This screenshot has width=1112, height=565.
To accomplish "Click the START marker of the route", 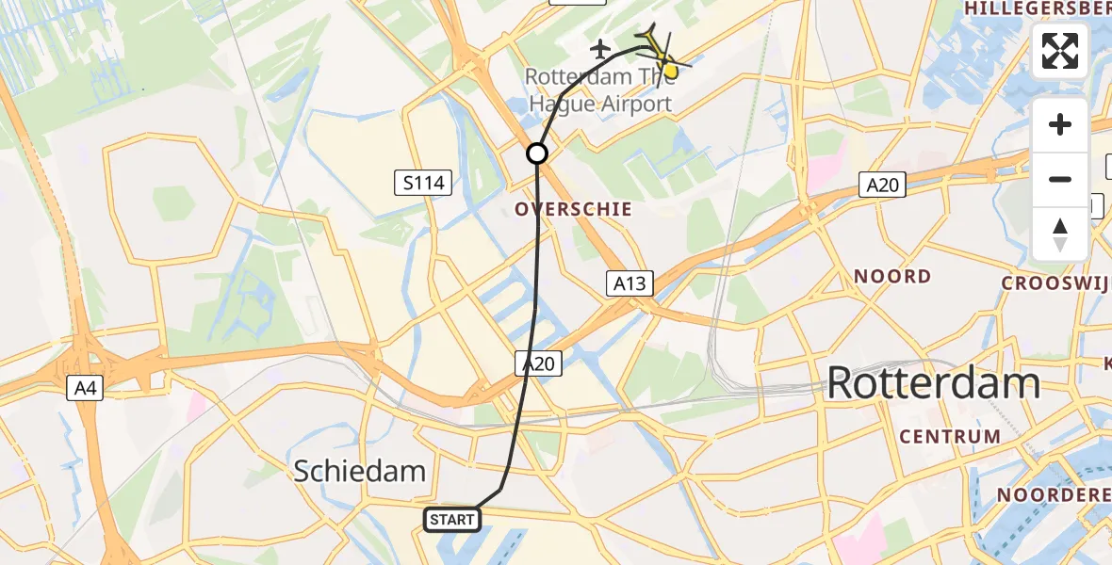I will [453, 519].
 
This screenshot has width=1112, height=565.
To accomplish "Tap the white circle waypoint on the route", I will [537, 153].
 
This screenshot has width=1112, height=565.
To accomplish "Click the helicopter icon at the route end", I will [661, 51].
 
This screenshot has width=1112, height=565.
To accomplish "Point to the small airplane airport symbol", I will [599, 47].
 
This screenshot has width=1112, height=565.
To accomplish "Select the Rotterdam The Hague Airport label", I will [598, 89].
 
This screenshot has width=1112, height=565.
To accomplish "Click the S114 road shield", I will [423, 183].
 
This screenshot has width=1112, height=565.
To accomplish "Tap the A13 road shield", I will [630, 282].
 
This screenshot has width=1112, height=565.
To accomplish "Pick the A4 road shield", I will [85, 386].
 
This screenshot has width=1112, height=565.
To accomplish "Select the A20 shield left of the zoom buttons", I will [882, 186].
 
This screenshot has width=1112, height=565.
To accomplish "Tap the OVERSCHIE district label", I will [574, 209].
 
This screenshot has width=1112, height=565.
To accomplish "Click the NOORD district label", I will [892, 277].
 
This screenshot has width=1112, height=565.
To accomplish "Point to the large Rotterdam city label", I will [933, 383].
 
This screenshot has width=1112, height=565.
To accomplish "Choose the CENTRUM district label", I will [950, 437].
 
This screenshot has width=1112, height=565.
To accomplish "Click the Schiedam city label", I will [360, 471].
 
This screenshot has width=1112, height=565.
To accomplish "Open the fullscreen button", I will [1060, 51].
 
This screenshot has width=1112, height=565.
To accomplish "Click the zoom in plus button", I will [1060, 125].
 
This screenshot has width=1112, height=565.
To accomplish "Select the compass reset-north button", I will [1060, 234].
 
